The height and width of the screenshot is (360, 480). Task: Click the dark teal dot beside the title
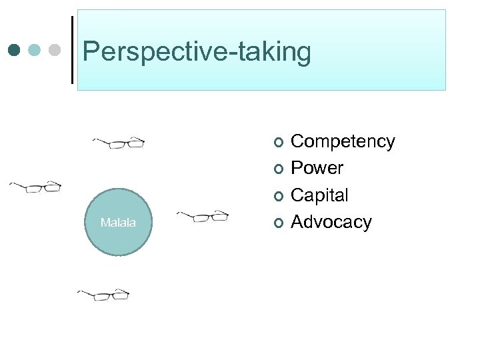pos(15,50)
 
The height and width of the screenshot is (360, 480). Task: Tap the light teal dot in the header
pos(35,50)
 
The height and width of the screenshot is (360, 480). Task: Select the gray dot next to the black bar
pos(55,50)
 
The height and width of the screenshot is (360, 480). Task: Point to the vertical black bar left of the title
pos(72,50)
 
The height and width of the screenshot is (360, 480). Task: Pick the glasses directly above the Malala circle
pos(119,143)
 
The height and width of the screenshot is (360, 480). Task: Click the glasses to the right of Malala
pos(203,216)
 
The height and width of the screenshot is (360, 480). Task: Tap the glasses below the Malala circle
pos(103,294)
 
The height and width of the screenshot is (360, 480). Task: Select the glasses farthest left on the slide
pos(35,187)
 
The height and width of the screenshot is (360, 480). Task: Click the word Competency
pos(343,141)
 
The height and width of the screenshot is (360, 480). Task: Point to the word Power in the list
pos(317,168)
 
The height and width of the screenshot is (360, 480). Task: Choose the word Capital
pos(319,195)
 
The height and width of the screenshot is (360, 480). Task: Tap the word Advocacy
pos(331,221)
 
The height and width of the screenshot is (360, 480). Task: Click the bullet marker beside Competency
pos(278,142)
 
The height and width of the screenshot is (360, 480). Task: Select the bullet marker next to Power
pos(278,169)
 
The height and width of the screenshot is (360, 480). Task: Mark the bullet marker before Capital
pos(278,195)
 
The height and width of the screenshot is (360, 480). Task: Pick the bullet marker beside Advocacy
pos(278,222)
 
